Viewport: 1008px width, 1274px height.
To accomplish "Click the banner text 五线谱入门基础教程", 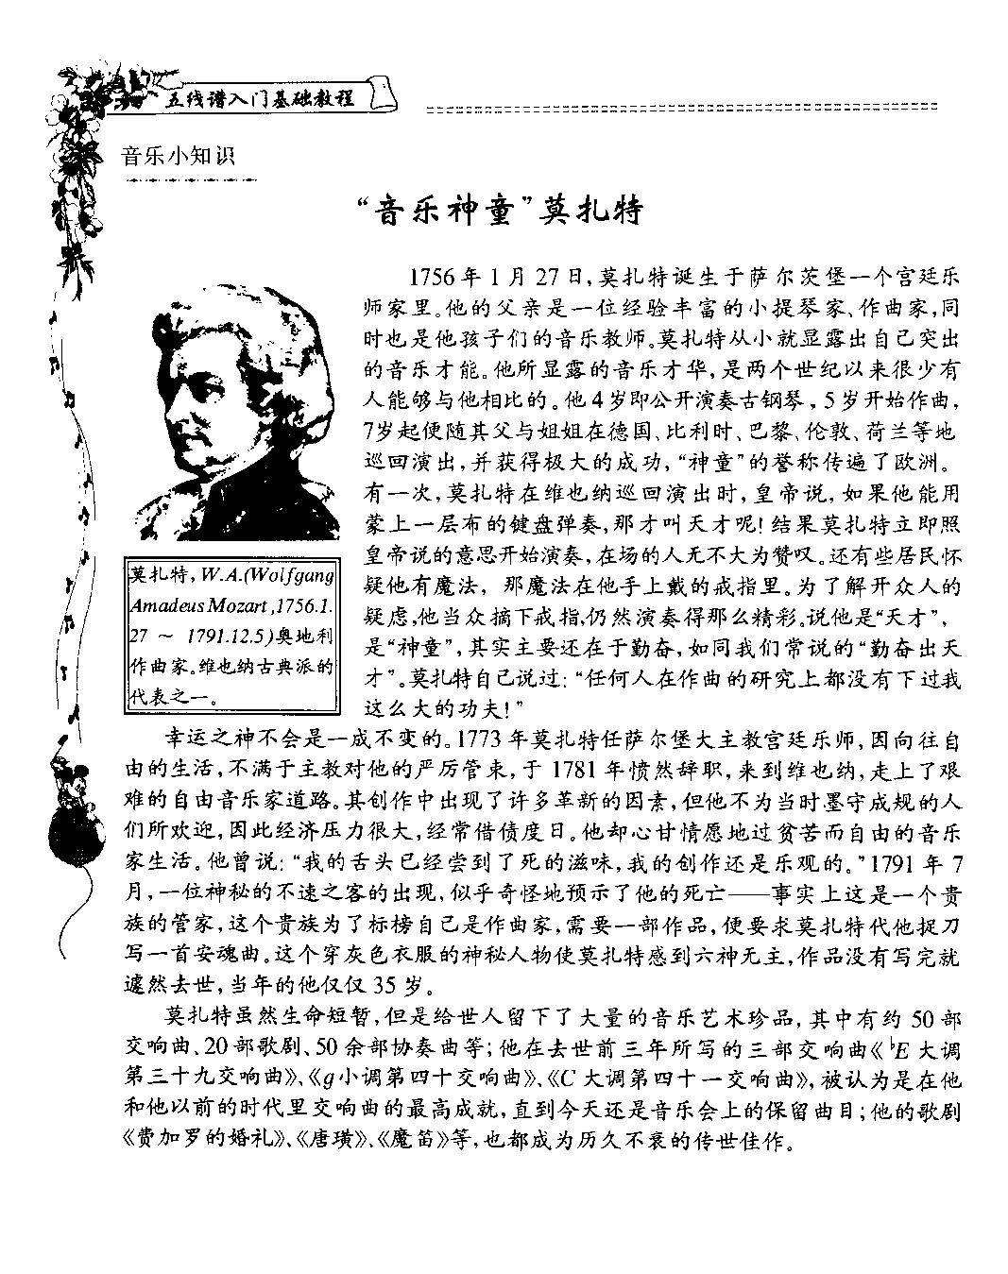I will pyautogui.click(x=259, y=98).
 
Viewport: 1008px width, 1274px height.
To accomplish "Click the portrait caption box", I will pyautogui.click(x=231, y=637).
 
